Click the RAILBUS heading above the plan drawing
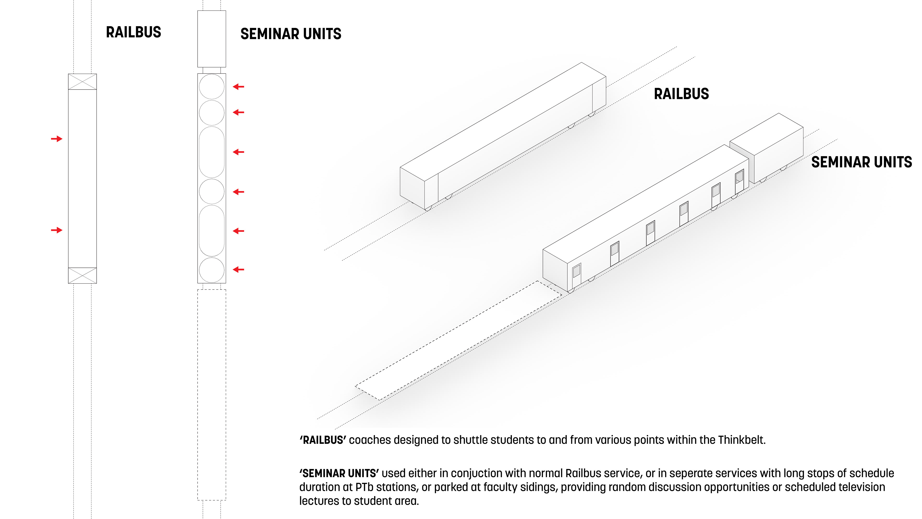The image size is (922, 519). coord(133,32)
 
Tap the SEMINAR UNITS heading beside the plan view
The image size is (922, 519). coord(291,34)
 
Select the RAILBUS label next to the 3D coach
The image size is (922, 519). coord(681,94)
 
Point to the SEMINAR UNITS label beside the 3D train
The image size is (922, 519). coord(861,162)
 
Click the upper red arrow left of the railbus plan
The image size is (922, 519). coord(57,139)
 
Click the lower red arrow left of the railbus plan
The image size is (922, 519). coord(57,230)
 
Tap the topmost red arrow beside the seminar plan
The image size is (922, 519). coord(238,87)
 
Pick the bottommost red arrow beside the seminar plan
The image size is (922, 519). coord(238,269)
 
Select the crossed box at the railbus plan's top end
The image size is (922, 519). coord(82,82)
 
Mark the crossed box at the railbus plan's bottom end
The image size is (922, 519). coord(82,275)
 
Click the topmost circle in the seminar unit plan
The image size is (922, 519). coord(212,87)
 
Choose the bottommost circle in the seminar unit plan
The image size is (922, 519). coord(212,270)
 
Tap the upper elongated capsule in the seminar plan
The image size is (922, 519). coord(212,152)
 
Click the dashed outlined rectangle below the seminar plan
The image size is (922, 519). coord(212,394)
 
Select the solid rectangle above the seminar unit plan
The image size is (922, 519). coord(212,39)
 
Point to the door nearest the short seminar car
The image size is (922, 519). coord(740,181)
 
